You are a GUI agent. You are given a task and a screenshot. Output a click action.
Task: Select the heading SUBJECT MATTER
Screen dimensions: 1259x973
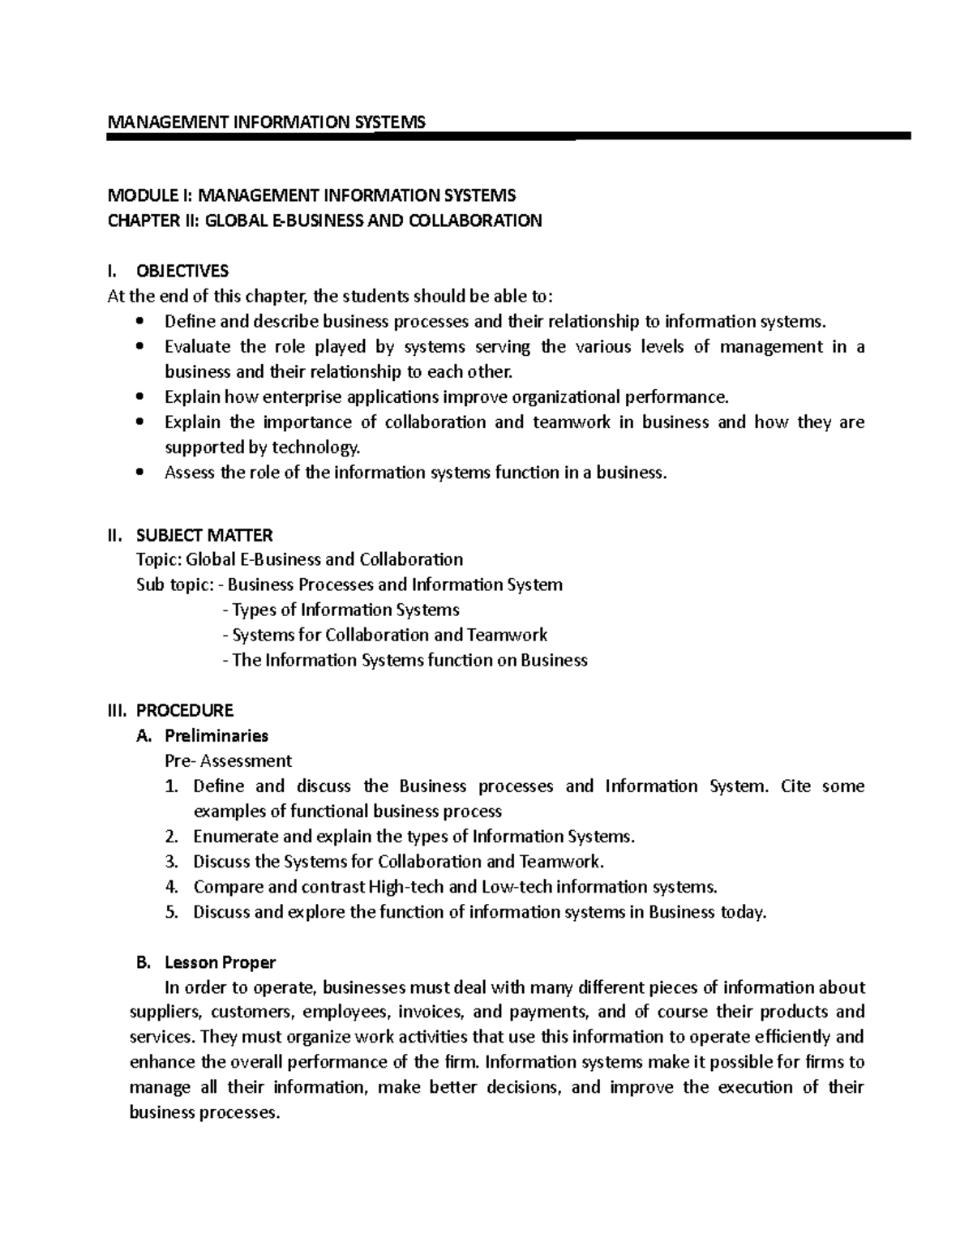tap(204, 535)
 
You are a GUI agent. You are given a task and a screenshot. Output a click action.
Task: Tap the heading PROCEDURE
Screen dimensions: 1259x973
tap(185, 711)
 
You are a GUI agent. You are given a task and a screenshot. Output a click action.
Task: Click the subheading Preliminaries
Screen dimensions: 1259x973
tap(216, 736)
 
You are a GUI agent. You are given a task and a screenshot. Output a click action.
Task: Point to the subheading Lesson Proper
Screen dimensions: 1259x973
tap(220, 962)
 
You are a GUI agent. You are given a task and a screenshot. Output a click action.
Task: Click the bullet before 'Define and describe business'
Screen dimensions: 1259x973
tap(141, 322)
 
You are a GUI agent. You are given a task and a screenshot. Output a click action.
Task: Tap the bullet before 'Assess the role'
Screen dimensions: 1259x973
tap(141, 473)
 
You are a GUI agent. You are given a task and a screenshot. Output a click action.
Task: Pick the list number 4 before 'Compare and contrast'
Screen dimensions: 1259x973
tap(170, 887)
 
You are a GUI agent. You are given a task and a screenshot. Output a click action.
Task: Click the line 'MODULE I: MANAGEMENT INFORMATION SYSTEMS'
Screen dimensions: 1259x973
tap(311, 195)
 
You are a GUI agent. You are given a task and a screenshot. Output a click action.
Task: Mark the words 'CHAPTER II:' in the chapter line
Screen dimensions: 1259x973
tap(153, 221)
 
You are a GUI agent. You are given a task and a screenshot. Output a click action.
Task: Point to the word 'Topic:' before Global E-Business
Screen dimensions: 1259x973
tap(160, 560)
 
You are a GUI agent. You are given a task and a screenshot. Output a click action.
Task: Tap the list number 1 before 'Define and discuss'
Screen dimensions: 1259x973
tap(170, 786)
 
